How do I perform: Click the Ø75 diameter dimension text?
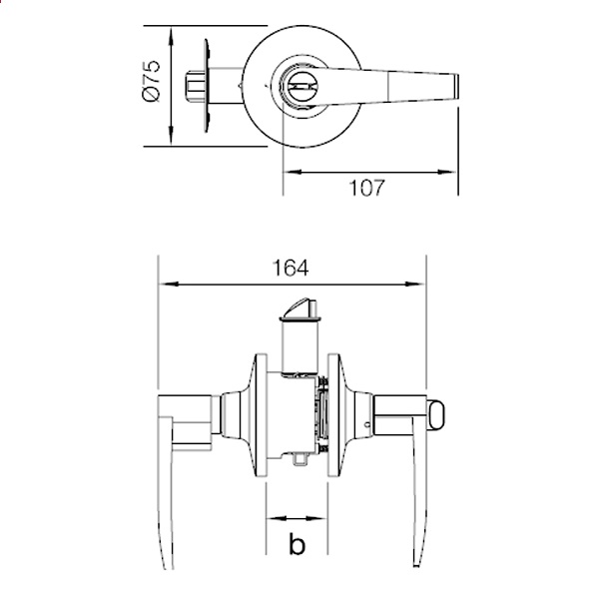coord(151,81)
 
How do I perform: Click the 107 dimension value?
coord(367,188)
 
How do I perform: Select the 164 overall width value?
coord(291,268)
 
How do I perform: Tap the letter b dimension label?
coord(297,544)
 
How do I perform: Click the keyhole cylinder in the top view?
coord(300,87)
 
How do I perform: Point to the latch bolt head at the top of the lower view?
coord(300,308)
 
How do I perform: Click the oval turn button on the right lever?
coord(435,415)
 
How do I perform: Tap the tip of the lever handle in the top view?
coord(457,87)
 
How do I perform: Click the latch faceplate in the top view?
coord(207,86)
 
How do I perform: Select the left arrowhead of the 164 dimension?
coord(169,285)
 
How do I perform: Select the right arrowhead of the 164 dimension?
coord(414,285)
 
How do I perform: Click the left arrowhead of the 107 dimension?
coord(293,172)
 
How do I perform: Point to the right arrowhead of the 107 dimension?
coord(446,172)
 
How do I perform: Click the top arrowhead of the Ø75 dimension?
coord(171,37)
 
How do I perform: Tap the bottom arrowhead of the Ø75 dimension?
coord(171,136)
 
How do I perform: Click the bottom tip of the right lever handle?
coord(416,566)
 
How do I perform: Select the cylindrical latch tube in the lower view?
coord(299,345)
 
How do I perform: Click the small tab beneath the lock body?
coord(299,459)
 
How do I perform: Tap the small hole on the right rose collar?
coord(367,424)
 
